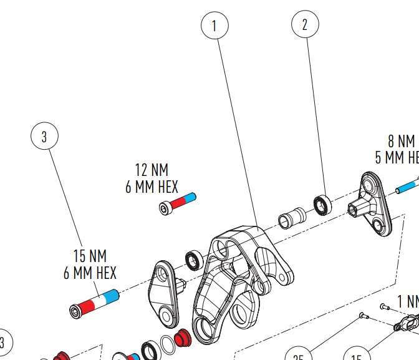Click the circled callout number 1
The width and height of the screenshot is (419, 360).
tap(214, 26)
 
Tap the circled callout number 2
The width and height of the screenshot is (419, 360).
tap(305, 24)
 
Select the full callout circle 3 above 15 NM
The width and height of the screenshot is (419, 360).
tap(44, 137)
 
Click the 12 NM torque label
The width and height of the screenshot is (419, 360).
tap(152, 170)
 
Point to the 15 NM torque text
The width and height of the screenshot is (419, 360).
tap(90, 256)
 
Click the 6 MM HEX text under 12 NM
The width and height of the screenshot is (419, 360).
tap(152, 187)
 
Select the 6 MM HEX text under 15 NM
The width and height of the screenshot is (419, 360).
tap(90, 273)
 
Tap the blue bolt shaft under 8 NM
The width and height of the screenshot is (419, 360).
tap(405, 185)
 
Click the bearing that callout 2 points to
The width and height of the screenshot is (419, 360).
tap(322, 204)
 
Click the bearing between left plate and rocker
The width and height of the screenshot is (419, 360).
tap(193, 260)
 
